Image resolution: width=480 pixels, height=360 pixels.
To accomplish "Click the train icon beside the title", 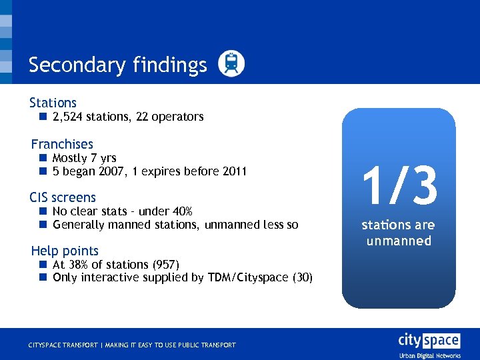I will pos(231,63).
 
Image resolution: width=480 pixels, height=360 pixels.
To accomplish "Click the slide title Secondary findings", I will pos(118,65).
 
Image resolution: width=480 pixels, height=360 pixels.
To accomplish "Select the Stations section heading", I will pos(53,103).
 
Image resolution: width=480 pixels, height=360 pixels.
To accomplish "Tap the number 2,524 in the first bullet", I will pos(67,117).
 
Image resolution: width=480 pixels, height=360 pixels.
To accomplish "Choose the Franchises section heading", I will pos(62,144).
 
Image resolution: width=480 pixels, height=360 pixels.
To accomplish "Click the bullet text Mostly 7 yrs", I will pos(84,158).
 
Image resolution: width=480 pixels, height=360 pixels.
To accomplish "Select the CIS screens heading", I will pos(63,197).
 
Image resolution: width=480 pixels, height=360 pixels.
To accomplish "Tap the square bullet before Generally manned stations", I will pos(42,225).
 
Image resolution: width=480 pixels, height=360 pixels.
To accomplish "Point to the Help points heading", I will pos(65,251).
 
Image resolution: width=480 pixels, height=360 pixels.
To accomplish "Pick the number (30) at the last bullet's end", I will pos(303,278).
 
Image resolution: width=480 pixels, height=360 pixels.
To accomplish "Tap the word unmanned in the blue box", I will pos(399,241).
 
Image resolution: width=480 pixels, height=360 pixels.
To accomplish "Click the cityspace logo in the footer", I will pos(429,341).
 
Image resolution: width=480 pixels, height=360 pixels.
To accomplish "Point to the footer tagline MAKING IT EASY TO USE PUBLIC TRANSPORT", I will pos(170,345).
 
